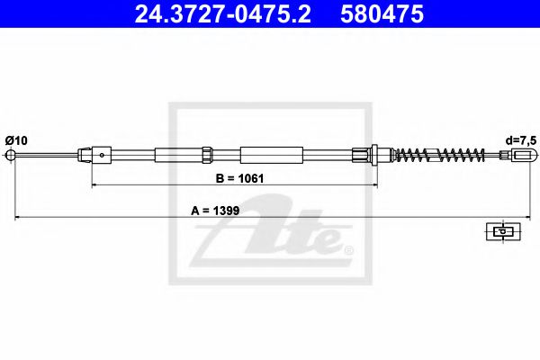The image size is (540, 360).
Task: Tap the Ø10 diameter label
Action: [x=16, y=139]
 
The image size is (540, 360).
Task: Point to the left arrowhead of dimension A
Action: [x=13, y=219]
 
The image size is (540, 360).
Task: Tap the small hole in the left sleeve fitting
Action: [x=103, y=155]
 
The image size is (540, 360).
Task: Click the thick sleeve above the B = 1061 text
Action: [x=268, y=154]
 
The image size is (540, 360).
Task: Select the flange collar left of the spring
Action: [x=373, y=154]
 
